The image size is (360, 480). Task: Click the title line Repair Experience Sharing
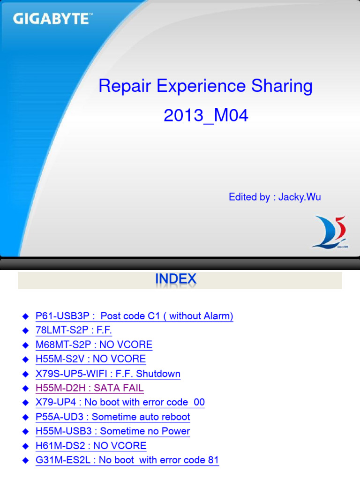[205, 86]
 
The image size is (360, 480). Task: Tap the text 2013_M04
[206, 116]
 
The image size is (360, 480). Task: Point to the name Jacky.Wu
[300, 197]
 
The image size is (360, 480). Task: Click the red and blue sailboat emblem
[330, 232]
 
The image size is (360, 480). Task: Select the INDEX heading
[176, 280]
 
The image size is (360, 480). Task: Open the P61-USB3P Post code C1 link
[135, 316]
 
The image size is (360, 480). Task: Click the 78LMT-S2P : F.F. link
[74, 330]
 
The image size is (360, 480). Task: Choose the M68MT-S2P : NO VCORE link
[94, 345]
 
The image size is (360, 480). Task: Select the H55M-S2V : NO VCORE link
[90, 360]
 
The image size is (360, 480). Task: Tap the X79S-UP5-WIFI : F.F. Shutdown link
[108, 374]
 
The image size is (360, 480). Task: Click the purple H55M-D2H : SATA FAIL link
[90, 388]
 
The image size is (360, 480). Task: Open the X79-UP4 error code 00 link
[120, 403]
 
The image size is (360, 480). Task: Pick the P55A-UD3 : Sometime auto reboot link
[113, 417]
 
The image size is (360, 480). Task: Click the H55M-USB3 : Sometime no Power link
[113, 431]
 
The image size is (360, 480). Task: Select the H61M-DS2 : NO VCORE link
[91, 446]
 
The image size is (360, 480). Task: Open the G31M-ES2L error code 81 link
[127, 460]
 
